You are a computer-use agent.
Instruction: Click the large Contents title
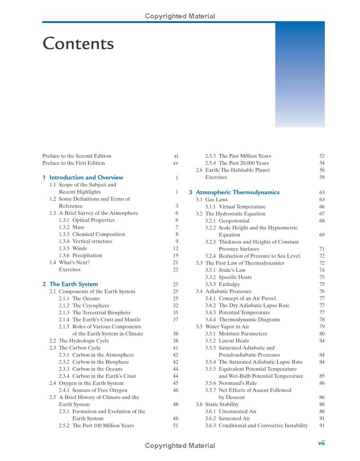(x=78, y=44)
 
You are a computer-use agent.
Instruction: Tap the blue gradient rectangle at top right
(x=300, y=74)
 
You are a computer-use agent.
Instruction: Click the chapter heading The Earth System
(x=73, y=284)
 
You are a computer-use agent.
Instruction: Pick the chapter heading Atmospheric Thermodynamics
(x=238, y=192)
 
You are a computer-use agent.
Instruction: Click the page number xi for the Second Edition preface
(x=176, y=156)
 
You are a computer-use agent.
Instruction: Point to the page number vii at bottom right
(x=321, y=443)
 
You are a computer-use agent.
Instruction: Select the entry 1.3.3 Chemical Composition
(x=92, y=234)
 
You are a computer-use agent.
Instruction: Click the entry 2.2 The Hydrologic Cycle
(x=76, y=341)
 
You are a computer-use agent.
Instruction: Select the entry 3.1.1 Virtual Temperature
(x=235, y=207)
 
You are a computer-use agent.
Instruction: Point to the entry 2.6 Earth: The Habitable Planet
(x=233, y=170)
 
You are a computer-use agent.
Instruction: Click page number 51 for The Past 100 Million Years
(x=175, y=425)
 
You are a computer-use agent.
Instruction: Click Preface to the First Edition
(x=73, y=163)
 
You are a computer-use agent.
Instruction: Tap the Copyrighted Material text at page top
(x=180, y=16)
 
